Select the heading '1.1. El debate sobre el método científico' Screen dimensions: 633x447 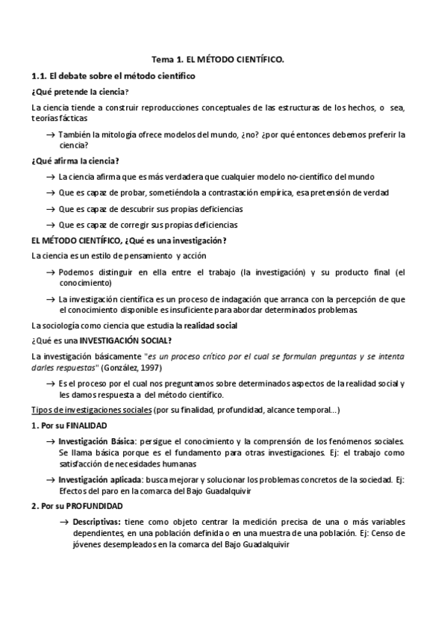click(x=113, y=75)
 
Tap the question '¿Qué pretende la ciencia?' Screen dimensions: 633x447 click(x=80, y=92)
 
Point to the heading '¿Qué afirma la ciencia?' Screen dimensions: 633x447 click(x=75, y=161)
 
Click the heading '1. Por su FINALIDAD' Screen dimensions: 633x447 click(x=65, y=425)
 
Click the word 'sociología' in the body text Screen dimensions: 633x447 click(x=58, y=326)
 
